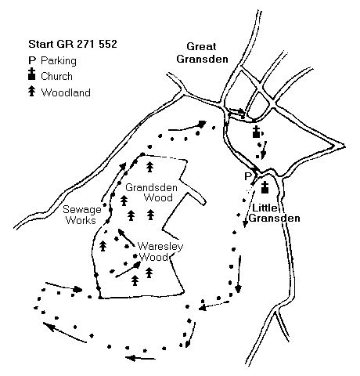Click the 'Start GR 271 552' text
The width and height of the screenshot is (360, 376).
(x=73, y=44)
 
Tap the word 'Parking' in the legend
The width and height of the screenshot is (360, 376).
(x=59, y=61)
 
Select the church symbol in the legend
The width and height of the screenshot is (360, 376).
(x=32, y=74)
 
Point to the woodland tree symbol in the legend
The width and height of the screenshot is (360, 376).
(x=32, y=92)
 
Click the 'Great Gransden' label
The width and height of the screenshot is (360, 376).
(x=202, y=53)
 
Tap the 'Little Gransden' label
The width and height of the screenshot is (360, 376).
(x=274, y=213)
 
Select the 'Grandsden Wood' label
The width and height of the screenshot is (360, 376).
(x=151, y=193)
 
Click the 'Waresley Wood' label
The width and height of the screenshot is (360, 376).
(x=160, y=251)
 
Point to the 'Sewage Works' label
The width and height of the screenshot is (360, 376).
(x=82, y=215)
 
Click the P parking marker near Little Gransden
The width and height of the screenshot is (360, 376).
(x=247, y=177)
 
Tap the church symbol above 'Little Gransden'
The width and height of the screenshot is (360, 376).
(x=265, y=187)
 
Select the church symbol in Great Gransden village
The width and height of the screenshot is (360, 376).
(x=257, y=132)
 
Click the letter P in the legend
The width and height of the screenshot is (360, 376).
(x=31, y=60)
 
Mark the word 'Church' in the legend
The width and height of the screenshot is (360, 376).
(x=56, y=77)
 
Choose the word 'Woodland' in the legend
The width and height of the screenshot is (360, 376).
(x=66, y=92)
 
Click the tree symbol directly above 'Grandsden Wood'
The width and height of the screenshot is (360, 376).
(x=149, y=167)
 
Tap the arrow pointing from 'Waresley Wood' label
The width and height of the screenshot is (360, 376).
(x=126, y=237)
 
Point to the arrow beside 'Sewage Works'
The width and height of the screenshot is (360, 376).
(x=113, y=182)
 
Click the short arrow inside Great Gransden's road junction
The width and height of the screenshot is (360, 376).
(x=237, y=111)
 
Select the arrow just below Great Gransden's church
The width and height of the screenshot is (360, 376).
(x=264, y=150)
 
